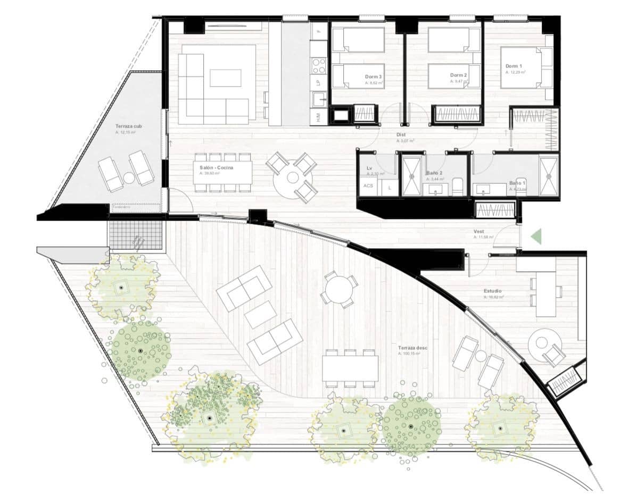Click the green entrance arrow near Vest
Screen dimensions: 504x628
(x=536, y=236)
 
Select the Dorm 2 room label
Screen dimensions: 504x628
(x=458, y=75)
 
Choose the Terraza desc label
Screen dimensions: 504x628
(x=412, y=348)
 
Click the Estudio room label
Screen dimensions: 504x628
(x=493, y=291)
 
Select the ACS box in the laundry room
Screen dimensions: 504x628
(x=368, y=186)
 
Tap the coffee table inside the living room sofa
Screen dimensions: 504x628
(x=225, y=78)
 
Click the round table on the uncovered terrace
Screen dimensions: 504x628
(x=338, y=290)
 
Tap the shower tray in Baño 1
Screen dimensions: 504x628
(x=549, y=173)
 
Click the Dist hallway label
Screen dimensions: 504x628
(x=401, y=135)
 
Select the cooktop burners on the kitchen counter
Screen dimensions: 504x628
(x=319, y=65)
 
